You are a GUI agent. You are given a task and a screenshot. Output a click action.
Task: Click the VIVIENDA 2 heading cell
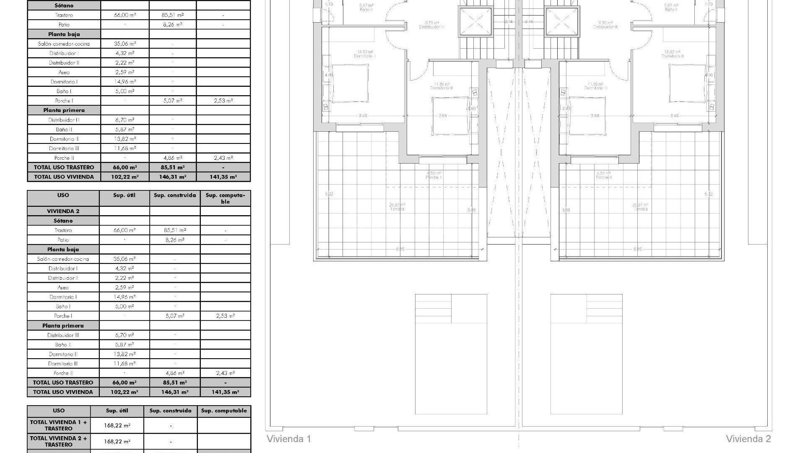[63, 211]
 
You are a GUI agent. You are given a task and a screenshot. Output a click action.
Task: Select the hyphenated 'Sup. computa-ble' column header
[225, 198]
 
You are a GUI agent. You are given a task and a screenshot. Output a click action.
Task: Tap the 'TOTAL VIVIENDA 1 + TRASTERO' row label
[59, 425]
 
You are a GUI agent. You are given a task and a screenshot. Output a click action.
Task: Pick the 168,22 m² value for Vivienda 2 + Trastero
[117, 441]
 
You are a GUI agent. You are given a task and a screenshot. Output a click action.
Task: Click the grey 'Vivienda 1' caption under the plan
[289, 439]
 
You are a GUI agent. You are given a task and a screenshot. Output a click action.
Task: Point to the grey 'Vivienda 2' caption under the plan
[748, 439]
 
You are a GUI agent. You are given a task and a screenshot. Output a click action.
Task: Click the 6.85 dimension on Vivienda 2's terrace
[637, 249]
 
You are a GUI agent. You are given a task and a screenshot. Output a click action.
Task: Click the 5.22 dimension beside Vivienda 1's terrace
[329, 194]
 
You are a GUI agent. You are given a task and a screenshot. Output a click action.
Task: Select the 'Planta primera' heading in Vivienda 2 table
[63, 325]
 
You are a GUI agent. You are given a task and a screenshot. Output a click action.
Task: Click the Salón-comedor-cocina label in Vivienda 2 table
[63, 259]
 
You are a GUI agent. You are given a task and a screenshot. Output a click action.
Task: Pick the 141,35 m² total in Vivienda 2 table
[225, 392]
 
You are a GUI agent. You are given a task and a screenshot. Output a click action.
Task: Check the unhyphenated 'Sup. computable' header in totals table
[224, 411]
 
